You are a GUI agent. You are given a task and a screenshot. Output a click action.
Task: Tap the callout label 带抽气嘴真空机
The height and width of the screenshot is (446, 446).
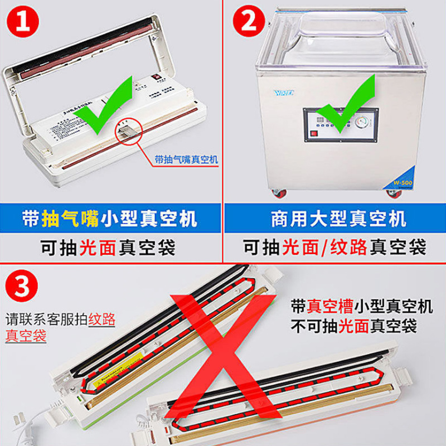[186, 160]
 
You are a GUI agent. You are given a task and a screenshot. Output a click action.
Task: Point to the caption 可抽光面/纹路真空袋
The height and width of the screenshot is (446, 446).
[334, 246]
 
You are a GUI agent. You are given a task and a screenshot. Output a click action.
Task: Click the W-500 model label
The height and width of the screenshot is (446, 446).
[400, 180]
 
